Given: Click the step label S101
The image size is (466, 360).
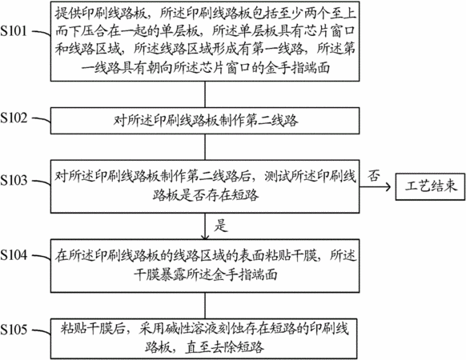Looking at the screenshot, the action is click(14, 31).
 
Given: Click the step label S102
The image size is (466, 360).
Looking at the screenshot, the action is click(14, 118).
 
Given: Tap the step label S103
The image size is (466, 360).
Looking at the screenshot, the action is click(14, 180).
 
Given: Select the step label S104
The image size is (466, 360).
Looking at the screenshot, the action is click(14, 255).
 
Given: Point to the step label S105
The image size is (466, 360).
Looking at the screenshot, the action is click(14, 330).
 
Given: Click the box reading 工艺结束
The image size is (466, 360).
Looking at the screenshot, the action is click(430, 186).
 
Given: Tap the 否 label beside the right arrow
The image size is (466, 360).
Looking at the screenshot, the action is click(374, 175).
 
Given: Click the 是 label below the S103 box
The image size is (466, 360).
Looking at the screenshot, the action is click(221, 226).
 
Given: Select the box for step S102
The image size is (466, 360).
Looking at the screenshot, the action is click(205, 121).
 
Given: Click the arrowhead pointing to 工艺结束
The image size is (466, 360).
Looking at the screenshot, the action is click(388, 187).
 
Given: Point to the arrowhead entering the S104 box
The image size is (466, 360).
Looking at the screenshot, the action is click(205, 237).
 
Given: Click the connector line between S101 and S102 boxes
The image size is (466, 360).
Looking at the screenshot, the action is click(205, 94).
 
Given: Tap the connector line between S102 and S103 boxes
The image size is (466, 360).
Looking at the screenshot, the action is click(205, 146).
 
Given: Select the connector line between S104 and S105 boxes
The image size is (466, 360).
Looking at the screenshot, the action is click(205, 306).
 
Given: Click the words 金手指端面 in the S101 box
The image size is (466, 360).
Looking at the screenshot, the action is click(297, 68).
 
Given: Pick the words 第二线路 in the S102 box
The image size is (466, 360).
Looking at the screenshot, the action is click(271, 121).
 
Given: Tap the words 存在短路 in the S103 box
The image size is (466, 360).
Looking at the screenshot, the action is click(232, 195).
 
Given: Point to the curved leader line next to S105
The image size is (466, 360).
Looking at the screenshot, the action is click(42, 331).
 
